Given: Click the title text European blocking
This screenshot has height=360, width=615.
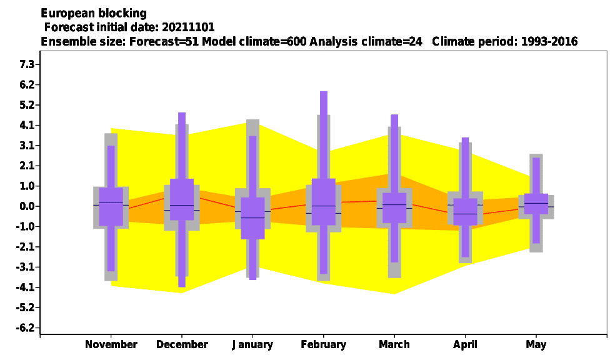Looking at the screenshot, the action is [x=94, y=13].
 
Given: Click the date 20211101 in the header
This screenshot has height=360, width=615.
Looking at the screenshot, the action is [x=188, y=27].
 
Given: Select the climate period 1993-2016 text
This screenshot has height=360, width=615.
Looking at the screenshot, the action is [x=549, y=41].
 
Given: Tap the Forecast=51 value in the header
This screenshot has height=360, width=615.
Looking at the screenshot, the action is [x=164, y=41].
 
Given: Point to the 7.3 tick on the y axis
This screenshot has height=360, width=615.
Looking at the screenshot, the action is [x=27, y=64].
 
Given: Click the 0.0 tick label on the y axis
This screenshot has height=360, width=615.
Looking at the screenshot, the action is [x=27, y=206].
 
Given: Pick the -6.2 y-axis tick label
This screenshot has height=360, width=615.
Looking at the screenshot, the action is [x=26, y=328].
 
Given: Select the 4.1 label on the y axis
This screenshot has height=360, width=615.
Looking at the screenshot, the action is [x=27, y=125].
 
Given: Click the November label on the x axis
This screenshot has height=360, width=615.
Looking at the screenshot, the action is [x=111, y=344].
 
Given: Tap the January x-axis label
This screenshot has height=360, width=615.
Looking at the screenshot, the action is [x=252, y=345].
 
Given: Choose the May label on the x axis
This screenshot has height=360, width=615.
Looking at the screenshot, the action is [x=536, y=345].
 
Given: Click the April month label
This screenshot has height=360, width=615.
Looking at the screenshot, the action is [x=465, y=345].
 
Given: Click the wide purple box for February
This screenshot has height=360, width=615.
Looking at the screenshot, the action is [x=324, y=202].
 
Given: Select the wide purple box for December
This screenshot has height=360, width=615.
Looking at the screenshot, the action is [x=182, y=199].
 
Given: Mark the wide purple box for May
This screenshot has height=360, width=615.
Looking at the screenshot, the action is [x=536, y=204].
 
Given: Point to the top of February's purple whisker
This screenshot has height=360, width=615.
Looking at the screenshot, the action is [x=324, y=92].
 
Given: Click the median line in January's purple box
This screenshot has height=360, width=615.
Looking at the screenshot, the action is [x=252, y=217].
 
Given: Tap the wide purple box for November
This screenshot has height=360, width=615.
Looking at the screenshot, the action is [x=111, y=207].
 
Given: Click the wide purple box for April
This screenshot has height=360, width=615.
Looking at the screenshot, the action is [x=465, y=212].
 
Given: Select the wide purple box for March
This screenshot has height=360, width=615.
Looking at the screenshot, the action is [x=394, y=208].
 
